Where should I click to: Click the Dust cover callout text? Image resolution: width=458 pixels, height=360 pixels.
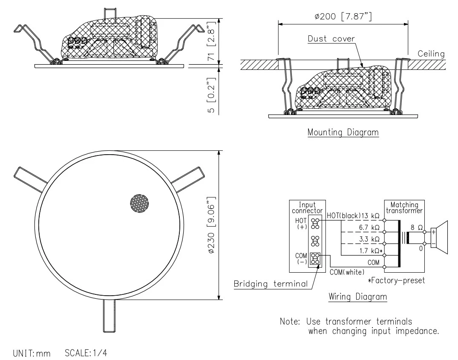[x=331, y=39]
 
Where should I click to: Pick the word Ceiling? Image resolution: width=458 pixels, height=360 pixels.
[x=431, y=54]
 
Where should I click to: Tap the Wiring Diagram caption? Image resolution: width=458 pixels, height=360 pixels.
[x=357, y=297]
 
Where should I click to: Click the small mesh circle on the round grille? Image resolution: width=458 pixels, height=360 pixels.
[x=141, y=204]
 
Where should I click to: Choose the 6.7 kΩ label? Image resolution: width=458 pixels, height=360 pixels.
[x=369, y=228]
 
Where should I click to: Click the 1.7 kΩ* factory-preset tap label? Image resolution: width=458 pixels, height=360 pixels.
[x=371, y=251]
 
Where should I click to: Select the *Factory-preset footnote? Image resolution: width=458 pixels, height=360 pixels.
[x=396, y=281]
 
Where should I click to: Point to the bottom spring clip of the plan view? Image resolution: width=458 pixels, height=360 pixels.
[x=109, y=315]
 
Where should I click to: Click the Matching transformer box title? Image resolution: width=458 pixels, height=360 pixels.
[x=404, y=207]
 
